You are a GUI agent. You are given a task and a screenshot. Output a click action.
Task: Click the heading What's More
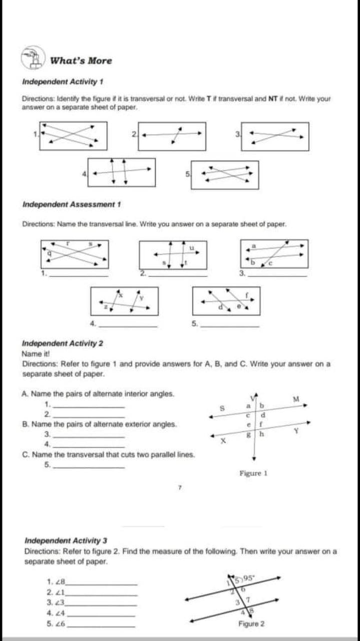81,61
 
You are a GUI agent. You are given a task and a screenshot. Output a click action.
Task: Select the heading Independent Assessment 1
72,204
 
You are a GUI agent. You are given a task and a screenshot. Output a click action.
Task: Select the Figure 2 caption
251,624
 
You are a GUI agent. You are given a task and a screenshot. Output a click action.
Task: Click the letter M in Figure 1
296,398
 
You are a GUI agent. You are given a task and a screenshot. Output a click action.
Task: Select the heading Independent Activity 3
66,540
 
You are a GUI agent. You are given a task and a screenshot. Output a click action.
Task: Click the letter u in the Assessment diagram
191,247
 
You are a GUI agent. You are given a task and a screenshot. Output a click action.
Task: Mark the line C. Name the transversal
109,455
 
